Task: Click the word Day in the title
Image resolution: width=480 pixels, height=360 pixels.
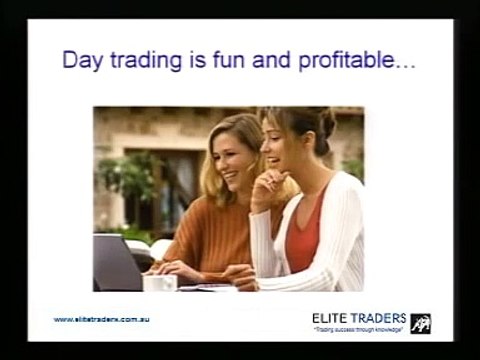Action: (83, 62)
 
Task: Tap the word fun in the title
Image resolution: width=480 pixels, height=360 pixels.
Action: (231, 61)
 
